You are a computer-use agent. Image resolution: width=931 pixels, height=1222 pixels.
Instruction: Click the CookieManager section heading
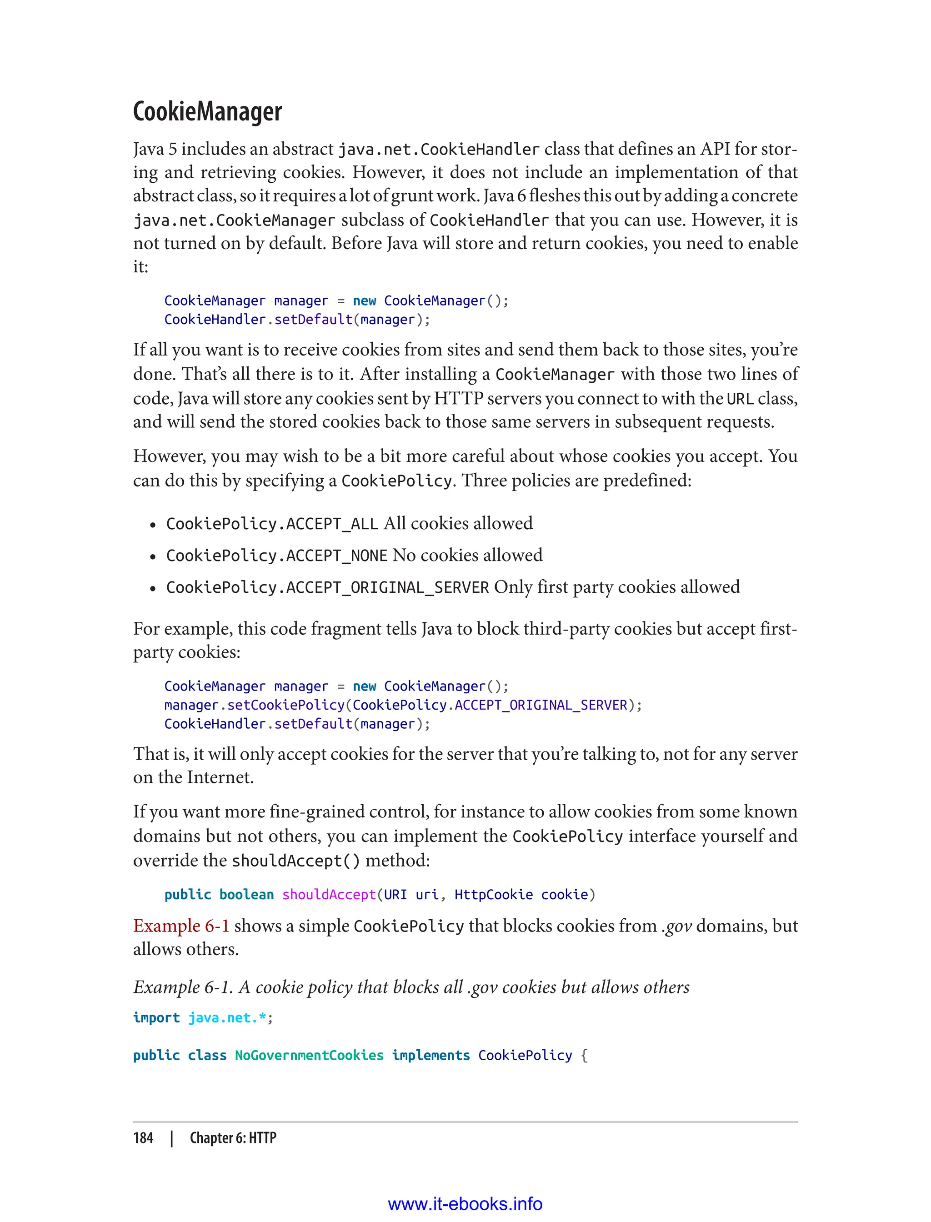[x=207, y=112]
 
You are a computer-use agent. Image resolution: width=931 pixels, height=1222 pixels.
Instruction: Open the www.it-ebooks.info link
[x=465, y=1204]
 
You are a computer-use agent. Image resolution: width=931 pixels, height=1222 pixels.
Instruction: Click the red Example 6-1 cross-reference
[x=181, y=926]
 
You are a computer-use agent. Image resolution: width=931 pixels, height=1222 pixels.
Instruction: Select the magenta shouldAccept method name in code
[x=329, y=895]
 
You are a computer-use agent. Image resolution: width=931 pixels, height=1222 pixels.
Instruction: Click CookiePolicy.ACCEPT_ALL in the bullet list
[x=271, y=524]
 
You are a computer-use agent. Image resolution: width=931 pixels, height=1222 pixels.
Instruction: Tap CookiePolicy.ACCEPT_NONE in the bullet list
[x=276, y=555]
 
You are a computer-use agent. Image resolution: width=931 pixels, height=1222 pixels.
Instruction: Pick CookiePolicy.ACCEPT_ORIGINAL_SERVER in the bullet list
[x=327, y=587]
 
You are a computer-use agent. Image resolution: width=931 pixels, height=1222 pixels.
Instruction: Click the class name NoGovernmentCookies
[x=309, y=1055]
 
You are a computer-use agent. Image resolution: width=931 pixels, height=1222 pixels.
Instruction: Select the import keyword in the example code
[x=156, y=1017]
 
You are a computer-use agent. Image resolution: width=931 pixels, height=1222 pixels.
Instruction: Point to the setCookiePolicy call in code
[x=286, y=705]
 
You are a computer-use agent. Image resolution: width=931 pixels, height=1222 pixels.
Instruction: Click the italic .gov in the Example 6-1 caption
[x=482, y=987]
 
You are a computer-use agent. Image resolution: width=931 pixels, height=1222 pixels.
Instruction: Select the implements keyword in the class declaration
[x=430, y=1055]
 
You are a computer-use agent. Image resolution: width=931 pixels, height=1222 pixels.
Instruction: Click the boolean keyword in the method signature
[x=246, y=895]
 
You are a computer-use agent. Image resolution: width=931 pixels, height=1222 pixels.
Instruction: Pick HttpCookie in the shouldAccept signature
[x=493, y=895]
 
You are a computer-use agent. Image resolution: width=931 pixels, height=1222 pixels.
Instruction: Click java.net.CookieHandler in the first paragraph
[x=438, y=150]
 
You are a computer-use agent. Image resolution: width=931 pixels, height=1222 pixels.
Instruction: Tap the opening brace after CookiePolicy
[x=584, y=1055]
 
